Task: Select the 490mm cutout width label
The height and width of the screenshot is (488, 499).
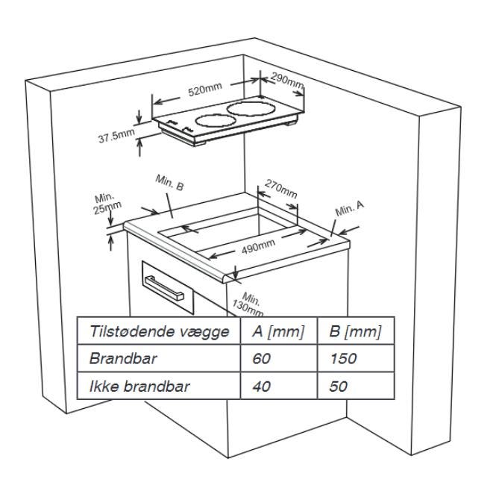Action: (x=254, y=247)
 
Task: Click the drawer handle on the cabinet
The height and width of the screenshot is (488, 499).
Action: (x=163, y=287)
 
